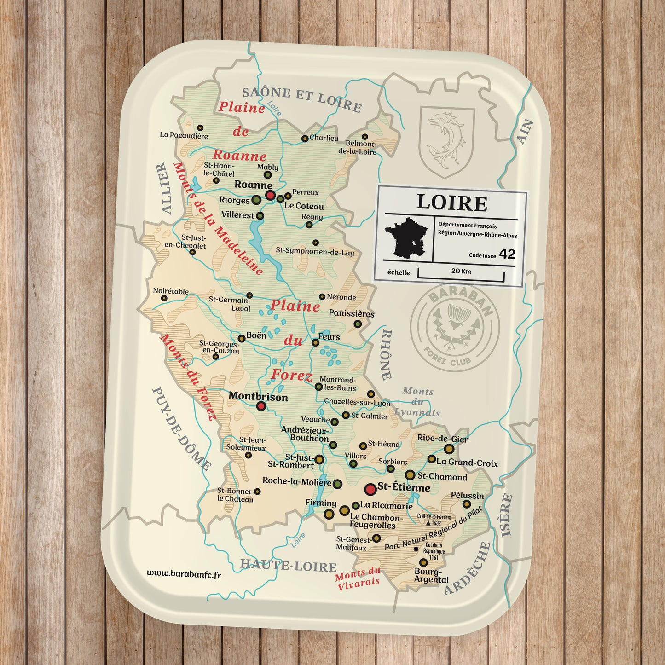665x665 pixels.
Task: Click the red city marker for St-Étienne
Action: coord(371,489)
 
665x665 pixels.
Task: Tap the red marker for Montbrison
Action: coord(261,406)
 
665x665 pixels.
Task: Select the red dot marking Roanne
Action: coord(270,195)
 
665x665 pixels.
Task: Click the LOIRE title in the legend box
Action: coord(451,203)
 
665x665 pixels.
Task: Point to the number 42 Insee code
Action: coord(507,254)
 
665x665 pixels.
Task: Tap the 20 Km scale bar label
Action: coord(461,272)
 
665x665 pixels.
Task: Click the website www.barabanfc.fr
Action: coord(184,574)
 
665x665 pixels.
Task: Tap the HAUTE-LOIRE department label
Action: coord(289,566)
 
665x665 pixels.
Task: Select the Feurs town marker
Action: coord(315,342)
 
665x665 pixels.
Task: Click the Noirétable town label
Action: coord(171,291)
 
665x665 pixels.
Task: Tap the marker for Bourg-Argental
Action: coord(423,562)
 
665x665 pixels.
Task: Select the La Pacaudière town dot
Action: coord(200,128)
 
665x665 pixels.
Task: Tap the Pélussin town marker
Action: coord(467,504)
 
